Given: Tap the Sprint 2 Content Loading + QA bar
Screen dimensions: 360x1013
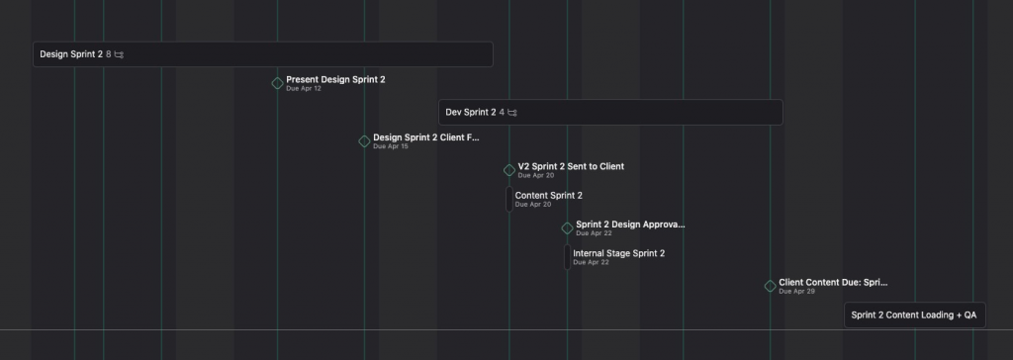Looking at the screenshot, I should tap(914, 315).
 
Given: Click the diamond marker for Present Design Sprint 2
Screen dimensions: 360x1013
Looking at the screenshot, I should tap(277, 83).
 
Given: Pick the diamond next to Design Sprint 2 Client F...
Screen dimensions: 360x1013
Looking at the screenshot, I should tap(364, 141).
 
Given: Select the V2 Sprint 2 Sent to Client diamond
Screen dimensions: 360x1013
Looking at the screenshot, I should tap(509, 170).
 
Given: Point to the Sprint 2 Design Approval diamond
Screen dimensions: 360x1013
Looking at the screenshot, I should tap(567, 228).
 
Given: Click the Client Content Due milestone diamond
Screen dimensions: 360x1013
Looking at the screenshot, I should tap(770, 287).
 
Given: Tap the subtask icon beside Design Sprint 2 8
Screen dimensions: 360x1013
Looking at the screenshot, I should tap(119, 54).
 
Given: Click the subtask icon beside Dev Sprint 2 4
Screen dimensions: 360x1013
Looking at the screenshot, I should tap(511, 113).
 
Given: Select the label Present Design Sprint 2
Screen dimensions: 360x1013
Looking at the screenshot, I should tap(335, 79).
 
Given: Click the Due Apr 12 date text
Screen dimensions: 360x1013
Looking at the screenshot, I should tap(304, 89).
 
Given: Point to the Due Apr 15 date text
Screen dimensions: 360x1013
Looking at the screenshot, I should tap(391, 146).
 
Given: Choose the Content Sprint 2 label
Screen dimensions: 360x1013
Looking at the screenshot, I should tap(548, 195).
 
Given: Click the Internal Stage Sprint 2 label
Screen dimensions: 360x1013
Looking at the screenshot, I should tap(618, 253).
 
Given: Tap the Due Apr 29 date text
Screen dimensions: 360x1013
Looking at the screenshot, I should tap(796, 292).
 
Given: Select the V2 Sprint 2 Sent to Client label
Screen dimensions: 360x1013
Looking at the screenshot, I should tap(571, 166).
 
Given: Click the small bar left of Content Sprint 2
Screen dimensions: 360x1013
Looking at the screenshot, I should tap(508, 199).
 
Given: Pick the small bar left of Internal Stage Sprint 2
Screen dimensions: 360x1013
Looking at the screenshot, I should tap(567, 257).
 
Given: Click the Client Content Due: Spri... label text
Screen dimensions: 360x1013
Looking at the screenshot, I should tap(833, 282).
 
